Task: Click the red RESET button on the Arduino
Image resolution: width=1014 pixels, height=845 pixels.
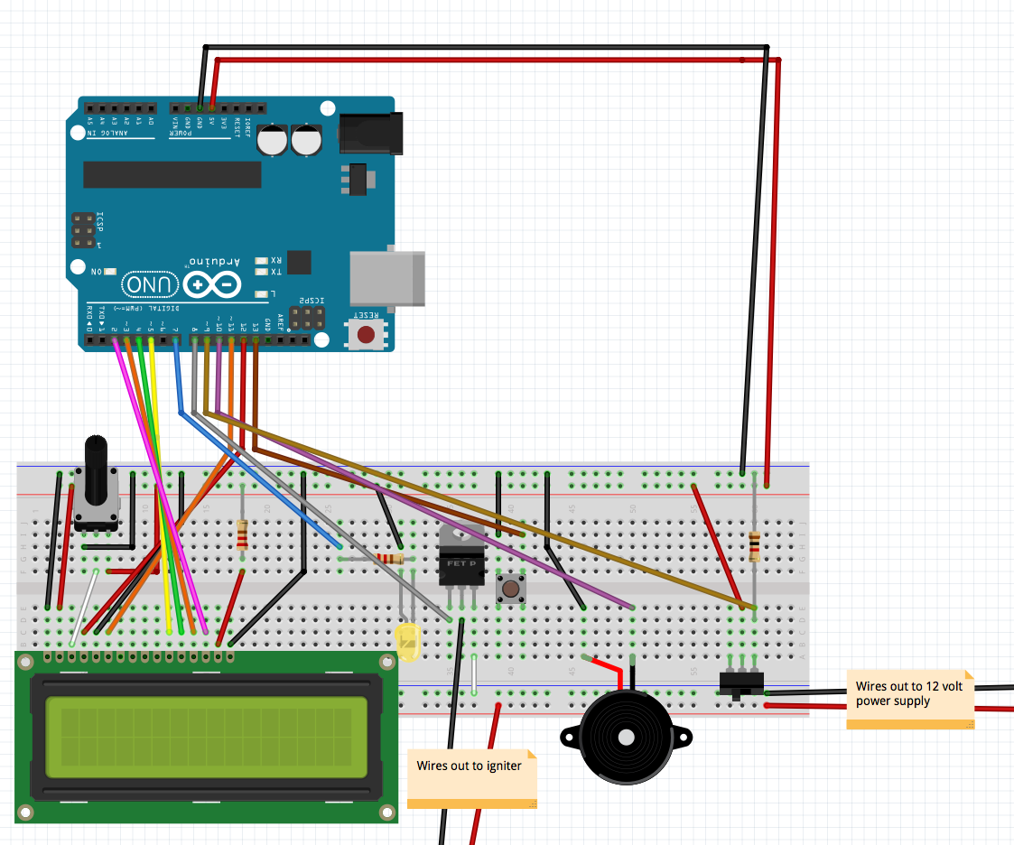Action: coord(366,335)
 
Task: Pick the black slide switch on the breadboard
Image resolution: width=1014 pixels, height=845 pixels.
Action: coord(741,682)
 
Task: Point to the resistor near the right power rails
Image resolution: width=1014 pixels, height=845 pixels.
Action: coord(754,547)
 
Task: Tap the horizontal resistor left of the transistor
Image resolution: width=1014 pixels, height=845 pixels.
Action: coord(391,559)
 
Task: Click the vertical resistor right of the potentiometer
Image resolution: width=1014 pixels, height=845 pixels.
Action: coord(241,534)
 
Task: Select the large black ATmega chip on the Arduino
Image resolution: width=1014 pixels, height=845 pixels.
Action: coord(172,175)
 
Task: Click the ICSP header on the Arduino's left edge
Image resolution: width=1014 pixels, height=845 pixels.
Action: coord(83,231)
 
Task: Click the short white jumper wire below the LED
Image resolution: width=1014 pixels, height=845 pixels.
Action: coord(474,673)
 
